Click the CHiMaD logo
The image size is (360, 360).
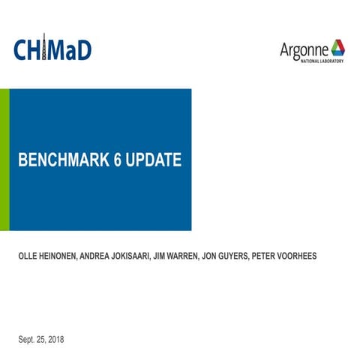click(x=52, y=49)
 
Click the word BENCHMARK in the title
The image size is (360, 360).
click(x=64, y=160)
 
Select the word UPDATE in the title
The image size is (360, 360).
click(x=154, y=160)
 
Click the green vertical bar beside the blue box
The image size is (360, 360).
click(x=4, y=159)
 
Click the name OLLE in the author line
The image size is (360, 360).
click(x=31, y=256)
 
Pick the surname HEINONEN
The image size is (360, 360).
click(x=68, y=256)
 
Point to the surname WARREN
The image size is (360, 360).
click(x=208, y=256)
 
